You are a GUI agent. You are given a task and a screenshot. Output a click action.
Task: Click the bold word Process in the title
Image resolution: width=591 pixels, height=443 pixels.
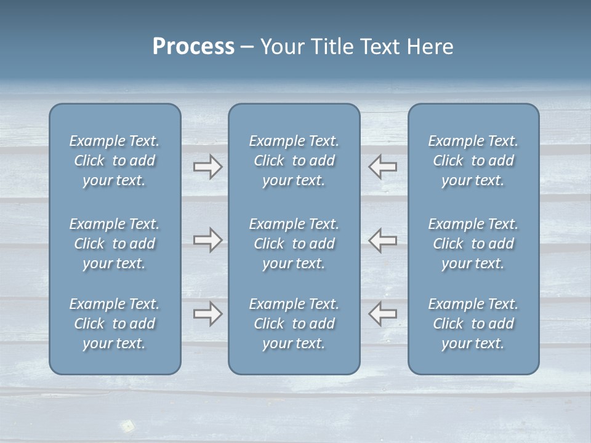click(x=193, y=47)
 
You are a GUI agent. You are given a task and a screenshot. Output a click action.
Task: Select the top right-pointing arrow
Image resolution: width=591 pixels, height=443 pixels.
click(x=207, y=167)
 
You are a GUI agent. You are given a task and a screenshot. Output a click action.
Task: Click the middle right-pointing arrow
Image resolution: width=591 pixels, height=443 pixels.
click(x=207, y=240)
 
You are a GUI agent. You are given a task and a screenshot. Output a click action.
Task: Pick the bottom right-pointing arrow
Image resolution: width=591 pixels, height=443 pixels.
click(x=207, y=314)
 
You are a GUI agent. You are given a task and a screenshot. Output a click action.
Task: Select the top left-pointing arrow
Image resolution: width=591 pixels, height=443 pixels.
click(x=383, y=167)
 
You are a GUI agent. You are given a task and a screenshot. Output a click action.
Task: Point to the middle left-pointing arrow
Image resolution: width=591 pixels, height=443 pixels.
click(x=383, y=240)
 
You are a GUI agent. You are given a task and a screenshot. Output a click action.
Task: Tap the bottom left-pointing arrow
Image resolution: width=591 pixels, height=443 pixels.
click(x=383, y=314)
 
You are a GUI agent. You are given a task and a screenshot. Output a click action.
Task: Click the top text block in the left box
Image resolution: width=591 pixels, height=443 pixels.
click(x=115, y=161)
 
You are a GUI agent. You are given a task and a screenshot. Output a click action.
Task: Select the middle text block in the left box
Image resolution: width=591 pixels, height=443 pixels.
click(x=115, y=244)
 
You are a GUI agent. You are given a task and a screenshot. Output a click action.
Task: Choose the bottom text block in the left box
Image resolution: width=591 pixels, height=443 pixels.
click(x=115, y=324)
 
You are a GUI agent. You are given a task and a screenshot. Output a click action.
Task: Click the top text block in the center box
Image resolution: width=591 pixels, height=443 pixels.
click(x=294, y=161)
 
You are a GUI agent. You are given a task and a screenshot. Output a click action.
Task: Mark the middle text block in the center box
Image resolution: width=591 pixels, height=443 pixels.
click(x=294, y=244)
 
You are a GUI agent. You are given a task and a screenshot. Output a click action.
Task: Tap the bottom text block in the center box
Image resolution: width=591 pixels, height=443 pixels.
click(x=294, y=324)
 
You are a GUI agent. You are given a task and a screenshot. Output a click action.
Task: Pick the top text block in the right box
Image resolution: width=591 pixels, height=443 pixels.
click(x=473, y=161)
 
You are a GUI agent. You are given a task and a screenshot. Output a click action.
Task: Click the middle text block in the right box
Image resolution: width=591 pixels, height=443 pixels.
click(x=473, y=244)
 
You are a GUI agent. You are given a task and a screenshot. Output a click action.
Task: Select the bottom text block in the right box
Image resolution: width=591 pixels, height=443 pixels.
click(x=473, y=324)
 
